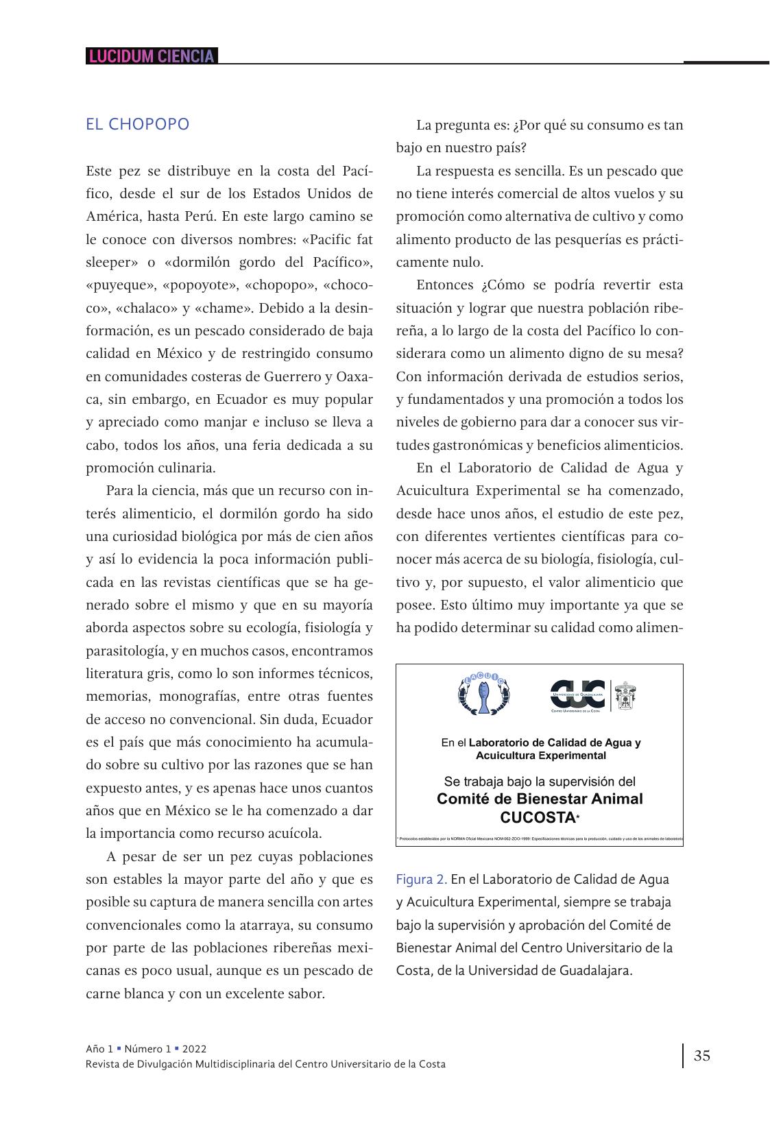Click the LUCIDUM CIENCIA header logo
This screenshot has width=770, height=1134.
pyautogui.click(x=152, y=56)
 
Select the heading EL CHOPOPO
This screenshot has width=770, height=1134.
pyautogui.click(x=138, y=125)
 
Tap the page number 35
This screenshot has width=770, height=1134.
pyautogui.click(x=702, y=1056)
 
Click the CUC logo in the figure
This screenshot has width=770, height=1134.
pyautogui.click(x=577, y=696)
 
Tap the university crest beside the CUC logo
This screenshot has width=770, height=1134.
pyautogui.click(x=625, y=696)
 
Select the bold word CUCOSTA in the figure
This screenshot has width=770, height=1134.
pyautogui.click(x=538, y=818)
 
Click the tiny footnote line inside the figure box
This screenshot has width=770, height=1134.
pyautogui.click(x=540, y=839)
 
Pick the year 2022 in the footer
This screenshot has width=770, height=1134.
pyautogui.click(x=194, y=1049)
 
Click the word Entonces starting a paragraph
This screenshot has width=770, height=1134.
pyautogui.click(x=445, y=285)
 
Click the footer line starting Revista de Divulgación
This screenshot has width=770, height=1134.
pyautogui.click(x=265, y=1064)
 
